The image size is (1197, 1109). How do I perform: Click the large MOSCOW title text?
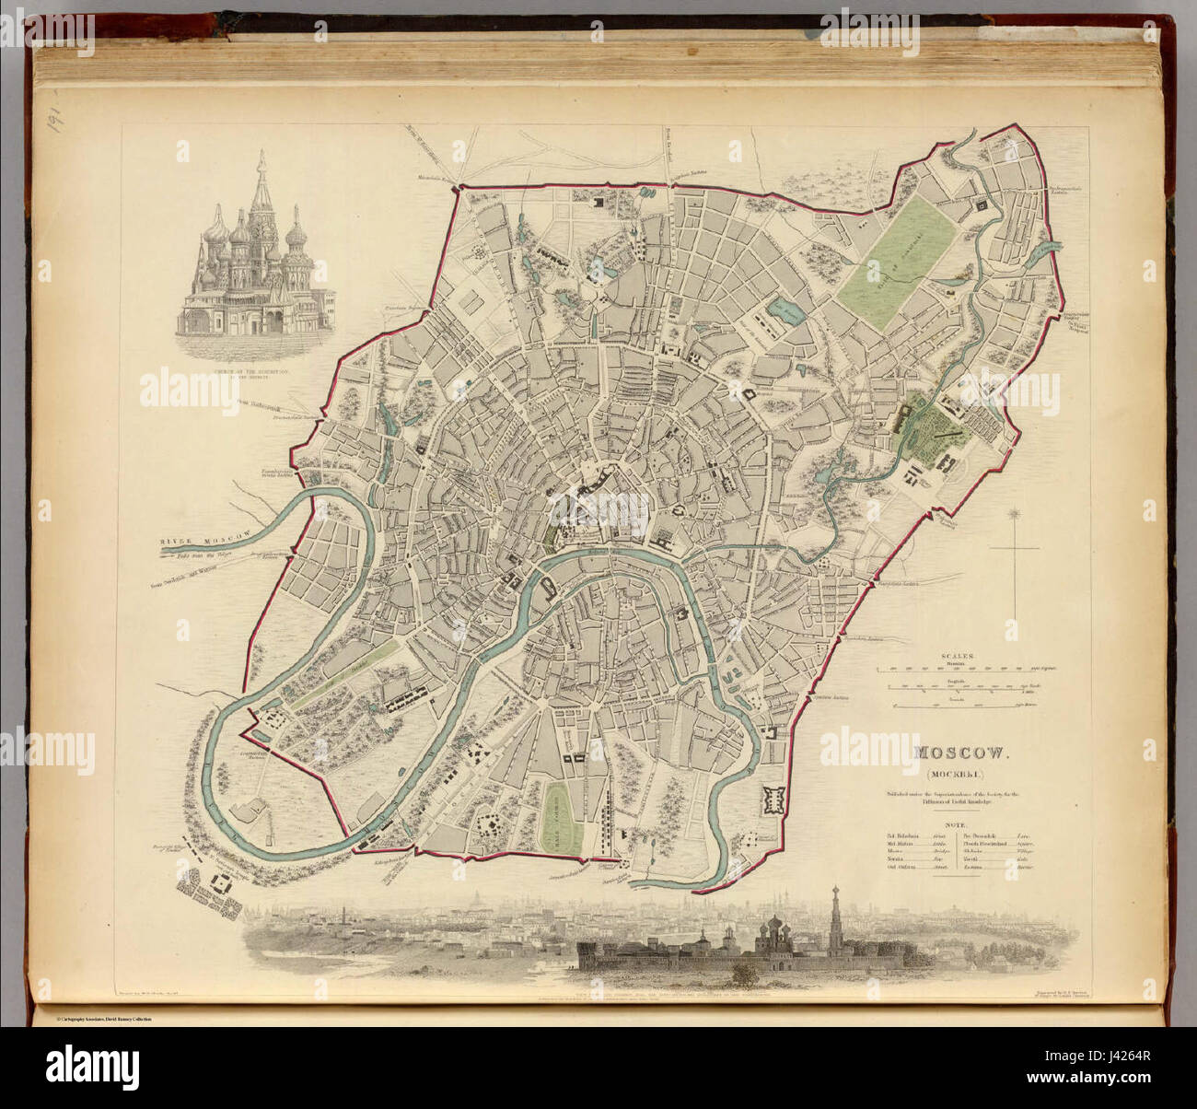961,753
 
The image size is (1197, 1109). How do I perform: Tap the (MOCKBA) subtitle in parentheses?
961,774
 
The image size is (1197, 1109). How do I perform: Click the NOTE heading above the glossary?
961,826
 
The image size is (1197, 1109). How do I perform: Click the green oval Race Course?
554,812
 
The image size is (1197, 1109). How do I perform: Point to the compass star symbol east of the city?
1016,513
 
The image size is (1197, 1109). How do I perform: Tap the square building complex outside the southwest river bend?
222,883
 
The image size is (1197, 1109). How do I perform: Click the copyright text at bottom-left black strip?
92,1019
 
